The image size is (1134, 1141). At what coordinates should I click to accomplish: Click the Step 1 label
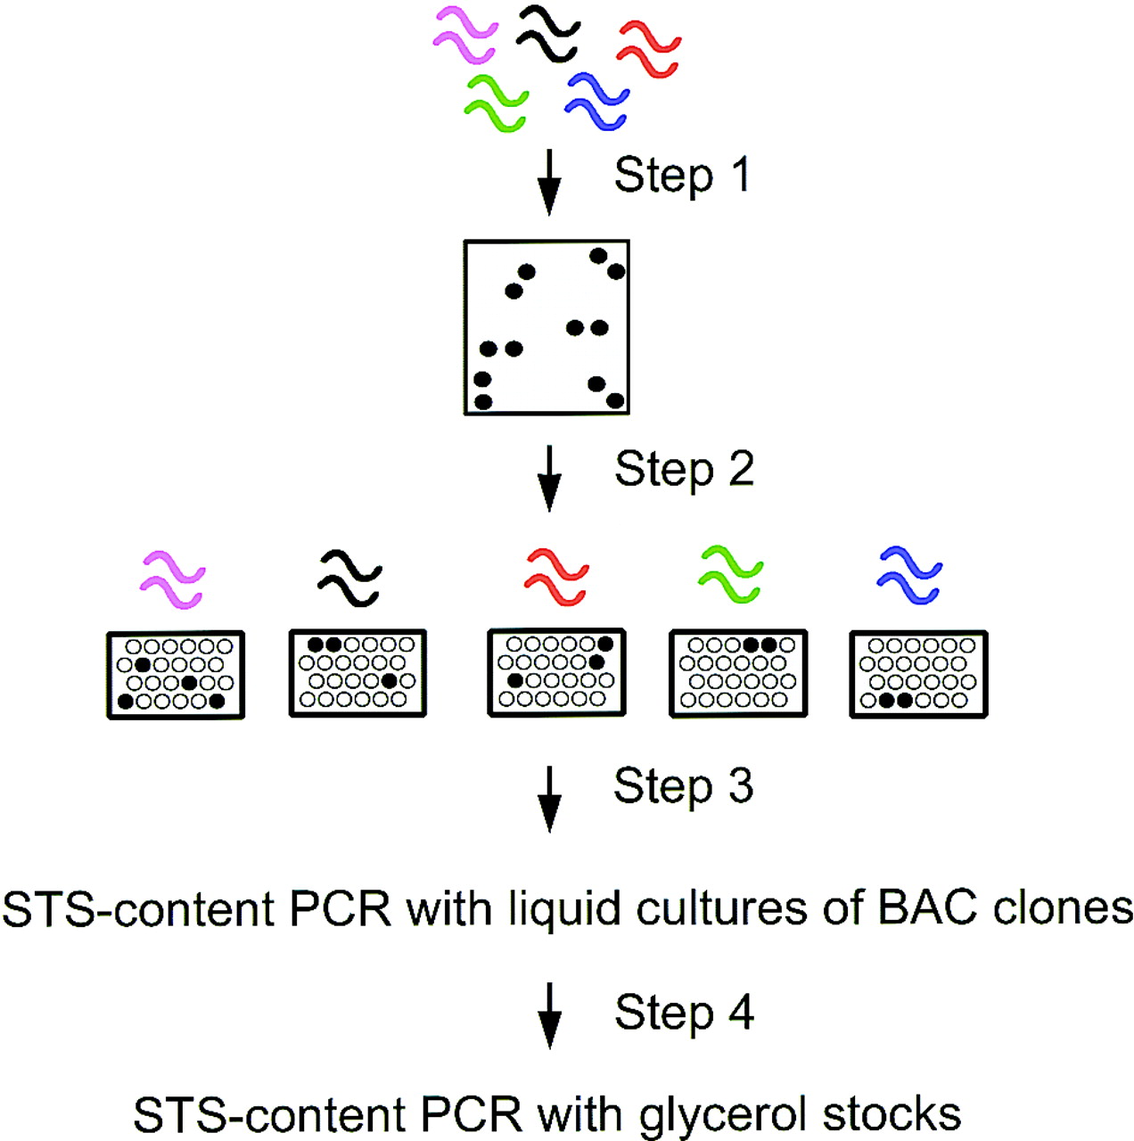coord(682,175)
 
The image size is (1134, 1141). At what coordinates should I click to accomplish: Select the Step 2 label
coord(684,470)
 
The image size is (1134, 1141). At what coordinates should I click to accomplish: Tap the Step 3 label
coord(683,786)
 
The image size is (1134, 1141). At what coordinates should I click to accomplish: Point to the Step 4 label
coord(684,1013)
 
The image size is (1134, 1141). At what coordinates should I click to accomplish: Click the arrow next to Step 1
coord(550,182)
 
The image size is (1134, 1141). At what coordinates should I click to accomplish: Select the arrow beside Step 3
coord(550,797)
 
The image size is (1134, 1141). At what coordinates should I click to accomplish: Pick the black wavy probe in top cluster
coord(547,34)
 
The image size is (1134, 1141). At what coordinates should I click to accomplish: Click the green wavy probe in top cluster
coord(497,104)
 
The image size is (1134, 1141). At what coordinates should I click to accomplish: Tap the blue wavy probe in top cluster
coord(596,101)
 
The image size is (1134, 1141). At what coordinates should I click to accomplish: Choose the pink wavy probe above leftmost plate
coord(173,580)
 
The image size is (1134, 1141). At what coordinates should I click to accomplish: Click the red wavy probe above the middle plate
coord(556,578)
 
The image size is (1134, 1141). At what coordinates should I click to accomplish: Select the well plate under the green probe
coord(738,673)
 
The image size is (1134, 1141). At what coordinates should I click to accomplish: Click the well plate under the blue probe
coord(918,673)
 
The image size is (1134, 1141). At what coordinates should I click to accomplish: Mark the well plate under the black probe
coord(357,673)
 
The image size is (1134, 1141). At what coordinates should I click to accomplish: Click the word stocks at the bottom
coord(892,1114)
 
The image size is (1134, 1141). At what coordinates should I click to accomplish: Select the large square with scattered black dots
coord(546,327)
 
